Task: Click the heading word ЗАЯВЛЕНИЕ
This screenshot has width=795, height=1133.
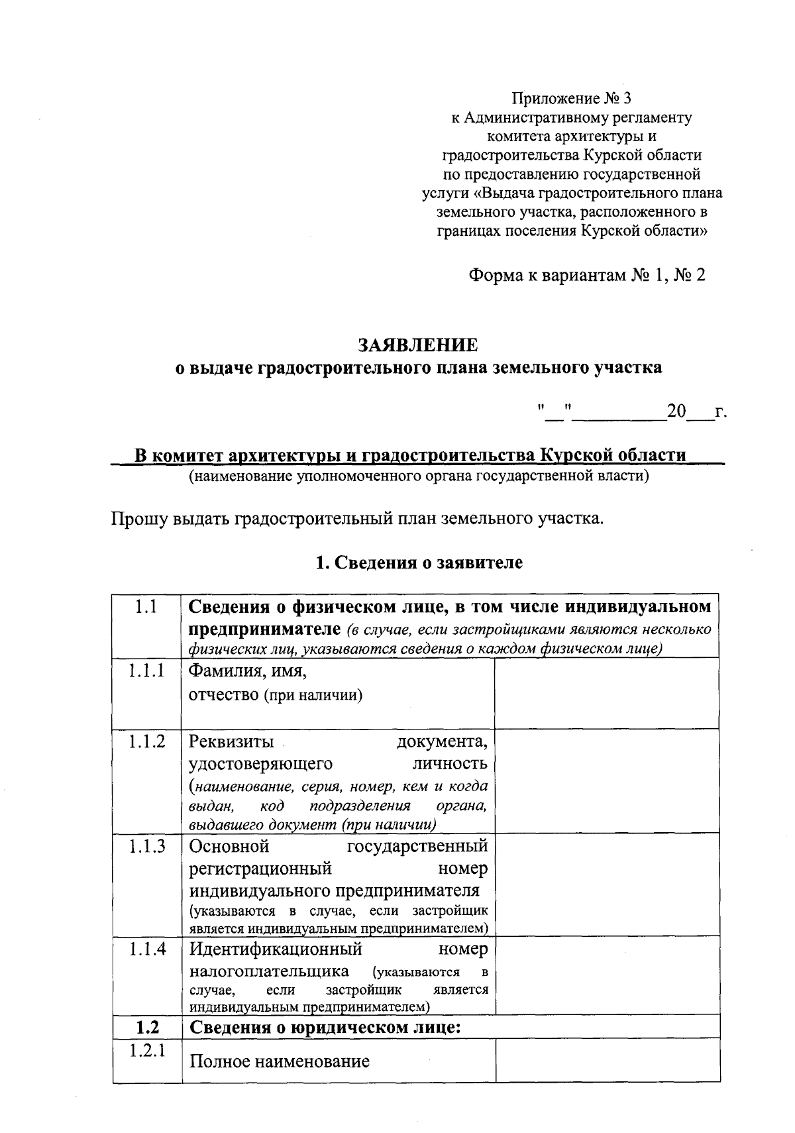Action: pyautogui.click(x=417, y=345)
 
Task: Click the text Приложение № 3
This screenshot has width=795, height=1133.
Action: pyautogui.click(x=571, y=99)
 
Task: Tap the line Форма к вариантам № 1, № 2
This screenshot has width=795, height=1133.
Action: pyautogui.click(x=586, y=275)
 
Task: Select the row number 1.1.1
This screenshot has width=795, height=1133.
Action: pyautogui.click(x=146, y=671)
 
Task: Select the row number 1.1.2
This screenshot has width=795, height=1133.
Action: pyautogui.click(x=146, y=741)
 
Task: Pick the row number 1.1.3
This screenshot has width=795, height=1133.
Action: pyautogui.click(x=146, y=846)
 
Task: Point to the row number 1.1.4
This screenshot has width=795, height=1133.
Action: pyautogui.click(x=146, y=949)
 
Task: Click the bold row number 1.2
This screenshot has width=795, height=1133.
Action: pyautogui.click(x=147, y=1028)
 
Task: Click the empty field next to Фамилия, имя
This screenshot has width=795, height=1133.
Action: pyautogui.click(x=606, y=693)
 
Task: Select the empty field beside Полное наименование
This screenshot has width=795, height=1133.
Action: pyautogui.click(x=608, y=1060)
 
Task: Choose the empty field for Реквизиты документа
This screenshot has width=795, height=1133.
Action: pyautogui.click(x=606, y=781)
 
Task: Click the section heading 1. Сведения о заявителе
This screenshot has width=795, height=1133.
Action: pyautogui.click(x=419, y=563)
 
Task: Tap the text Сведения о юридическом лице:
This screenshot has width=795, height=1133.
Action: pyautogui.click(x=325, y=1028)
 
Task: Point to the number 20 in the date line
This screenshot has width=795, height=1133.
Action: pyautogui.click(x=676, y=411)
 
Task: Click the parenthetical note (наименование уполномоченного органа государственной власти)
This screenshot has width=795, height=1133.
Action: pyautogui.click(x=418, y=476)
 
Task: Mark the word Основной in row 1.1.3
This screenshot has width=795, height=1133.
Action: pyautogui.click(x=229, y=846)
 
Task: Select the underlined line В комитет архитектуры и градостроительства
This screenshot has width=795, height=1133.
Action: pyautogui.click(x=410, y=456)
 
